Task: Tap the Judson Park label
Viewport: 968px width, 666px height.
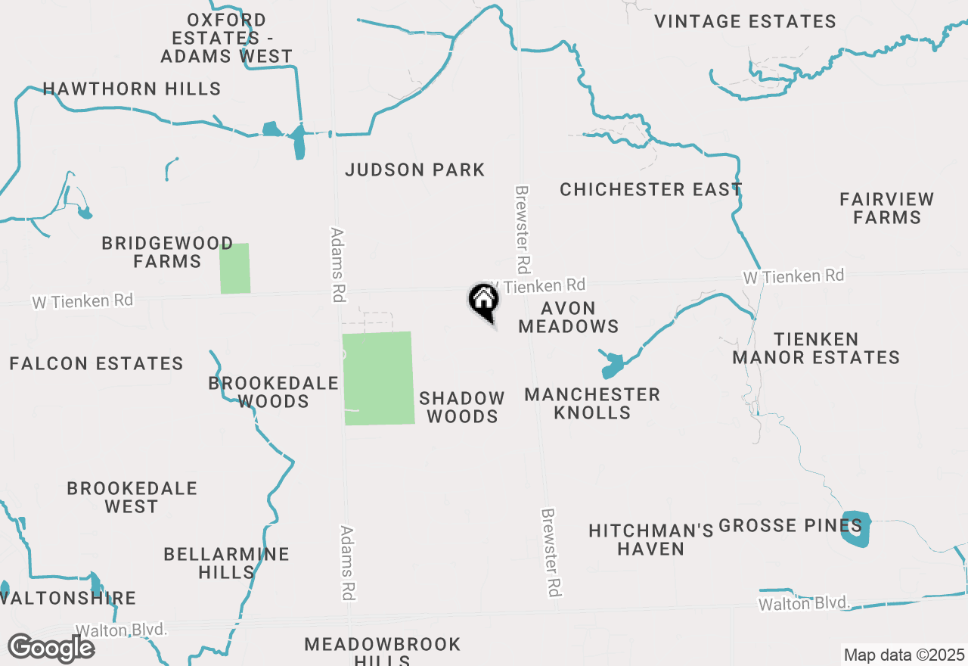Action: click(x=414, y=170)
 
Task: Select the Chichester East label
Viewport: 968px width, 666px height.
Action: click(x=650, y=189)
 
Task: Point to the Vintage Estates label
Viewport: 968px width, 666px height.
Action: click(x=745, y=21)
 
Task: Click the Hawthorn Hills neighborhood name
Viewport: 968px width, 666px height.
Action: click(x=132, y=89)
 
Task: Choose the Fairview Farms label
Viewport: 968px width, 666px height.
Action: click(x=886, y=208)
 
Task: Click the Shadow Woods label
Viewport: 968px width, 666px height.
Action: click(x=462, y=407)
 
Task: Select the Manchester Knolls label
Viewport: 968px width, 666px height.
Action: click(x=592, y=403)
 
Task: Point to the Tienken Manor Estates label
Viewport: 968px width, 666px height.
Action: click(x=816, y=348)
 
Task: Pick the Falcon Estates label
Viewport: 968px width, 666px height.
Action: click(x=96, y=364)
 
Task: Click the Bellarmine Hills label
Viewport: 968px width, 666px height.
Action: click(x=226, y=563)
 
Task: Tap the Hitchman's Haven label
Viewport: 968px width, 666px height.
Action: click(x=650, y=539)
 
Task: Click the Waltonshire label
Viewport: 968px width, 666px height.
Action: click(x=70, y=598)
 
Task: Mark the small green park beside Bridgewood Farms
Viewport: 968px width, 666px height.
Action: click(x=234, y=268)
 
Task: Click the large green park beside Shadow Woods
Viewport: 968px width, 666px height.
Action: click(x=378, y=378)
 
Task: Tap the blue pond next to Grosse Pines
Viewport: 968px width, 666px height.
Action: click(x=856, y=530)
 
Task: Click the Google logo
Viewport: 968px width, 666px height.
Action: click(x=51, y=649)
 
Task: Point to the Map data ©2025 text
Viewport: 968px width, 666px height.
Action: click(x=904, y=655)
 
